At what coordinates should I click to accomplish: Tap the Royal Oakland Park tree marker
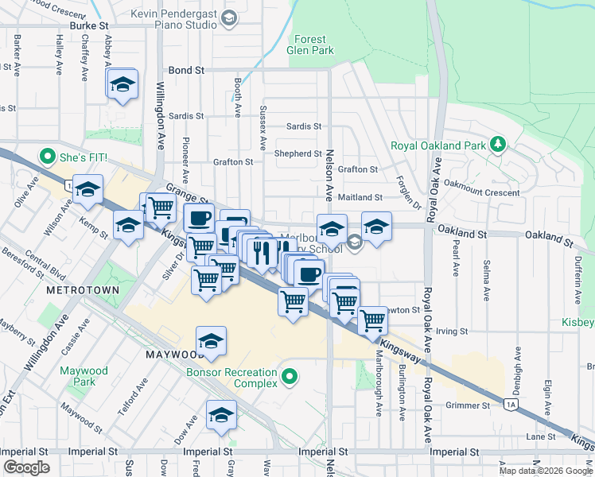(x=498, y=145)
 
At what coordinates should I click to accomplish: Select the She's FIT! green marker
(x=47, y=157)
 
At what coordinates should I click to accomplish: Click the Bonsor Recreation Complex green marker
(x=290, y=375)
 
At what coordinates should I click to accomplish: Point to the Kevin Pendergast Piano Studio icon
(x=229, y=18)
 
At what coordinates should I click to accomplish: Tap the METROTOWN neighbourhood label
(x=83, y=290)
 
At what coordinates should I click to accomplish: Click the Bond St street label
(x=187, y=71)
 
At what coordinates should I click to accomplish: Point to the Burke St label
(x=88, y=25)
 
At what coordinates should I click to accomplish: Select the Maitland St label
(x=360, y=197)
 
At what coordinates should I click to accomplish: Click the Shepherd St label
(x=297, y=153)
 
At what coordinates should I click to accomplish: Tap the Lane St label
(x=541, y=436)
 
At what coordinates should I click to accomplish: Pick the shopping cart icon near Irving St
(x=372, y=320)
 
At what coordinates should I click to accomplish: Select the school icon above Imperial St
(x=221, y=414)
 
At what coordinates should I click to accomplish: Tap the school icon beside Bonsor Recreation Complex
(x=211, y=341)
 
